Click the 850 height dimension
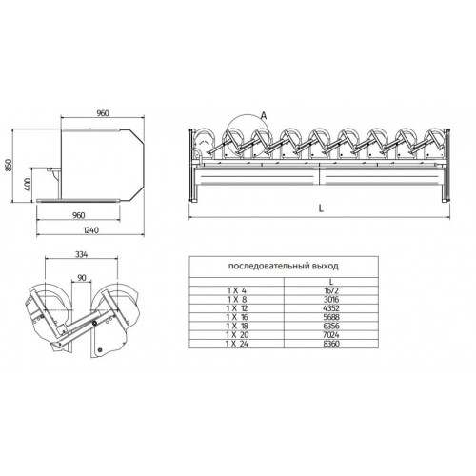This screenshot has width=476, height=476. pos(9,165)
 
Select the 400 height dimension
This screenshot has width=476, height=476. pos(28,185)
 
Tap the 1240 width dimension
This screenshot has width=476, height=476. pos(91,229)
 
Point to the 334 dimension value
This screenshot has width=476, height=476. pos(81,254)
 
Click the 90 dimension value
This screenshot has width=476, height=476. pos(82,277)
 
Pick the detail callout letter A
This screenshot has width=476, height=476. pos(264,116)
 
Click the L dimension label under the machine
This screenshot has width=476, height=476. pos(321,208)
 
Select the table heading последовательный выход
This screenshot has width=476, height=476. pos(284,266)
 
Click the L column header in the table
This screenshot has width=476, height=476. pos(331,282)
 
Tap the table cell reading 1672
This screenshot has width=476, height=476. pos(331,290)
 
